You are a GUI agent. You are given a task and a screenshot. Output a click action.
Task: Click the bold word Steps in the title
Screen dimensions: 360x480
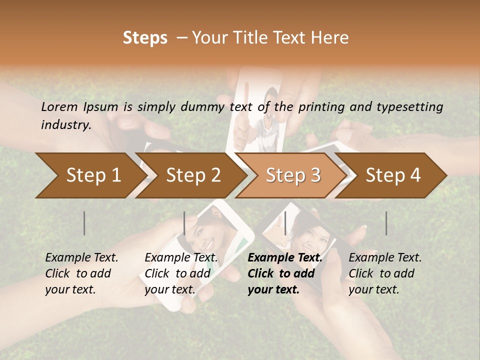pos(145,38)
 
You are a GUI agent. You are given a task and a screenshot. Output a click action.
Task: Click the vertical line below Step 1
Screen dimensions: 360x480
pos(84,223)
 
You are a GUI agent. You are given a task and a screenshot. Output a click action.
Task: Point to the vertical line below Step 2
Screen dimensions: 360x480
pos(184,223)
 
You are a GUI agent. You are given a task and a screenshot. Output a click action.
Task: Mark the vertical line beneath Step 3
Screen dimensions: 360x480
pos(285,223)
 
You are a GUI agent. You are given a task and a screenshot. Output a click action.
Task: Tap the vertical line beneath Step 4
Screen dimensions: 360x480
pos(386,223)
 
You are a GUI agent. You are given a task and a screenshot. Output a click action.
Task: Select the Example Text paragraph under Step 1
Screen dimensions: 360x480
pos(81,273)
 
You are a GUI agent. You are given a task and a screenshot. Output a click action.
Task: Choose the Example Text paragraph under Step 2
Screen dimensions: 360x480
pos(181,273)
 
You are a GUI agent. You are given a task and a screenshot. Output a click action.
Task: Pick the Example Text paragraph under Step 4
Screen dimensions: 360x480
pos(385,273)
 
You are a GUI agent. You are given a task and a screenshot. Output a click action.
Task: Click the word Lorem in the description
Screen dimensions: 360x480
pos(59,106)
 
